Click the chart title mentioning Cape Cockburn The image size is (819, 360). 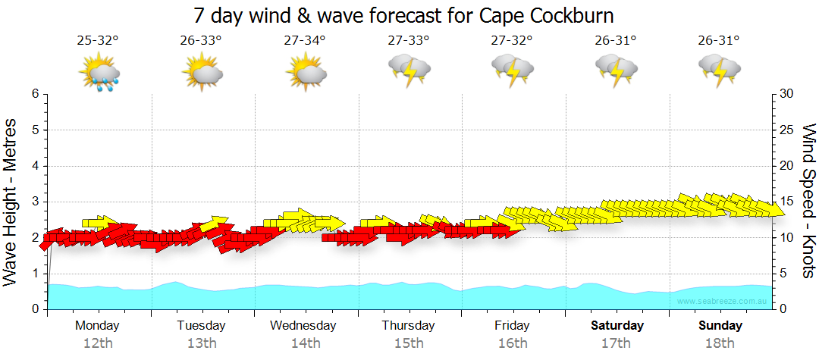click(403, 15)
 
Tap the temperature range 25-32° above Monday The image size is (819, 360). click(97, 41)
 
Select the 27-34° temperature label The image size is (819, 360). click(305, 41)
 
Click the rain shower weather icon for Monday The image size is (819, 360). click(99, 74)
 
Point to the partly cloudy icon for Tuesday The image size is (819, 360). click(202, 74)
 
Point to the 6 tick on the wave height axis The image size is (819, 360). click(35, 94)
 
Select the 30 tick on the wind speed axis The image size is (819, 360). click(787, 94)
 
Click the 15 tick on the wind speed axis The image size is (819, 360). click(787, 202)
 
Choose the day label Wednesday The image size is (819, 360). click(303, 326)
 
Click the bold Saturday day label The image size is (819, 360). click(617, 326)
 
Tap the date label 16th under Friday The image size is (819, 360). click(513, 343)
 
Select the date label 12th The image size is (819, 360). click(97, 343)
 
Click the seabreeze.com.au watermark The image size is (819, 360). click(723, 302)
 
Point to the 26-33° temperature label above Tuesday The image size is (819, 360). click(201, 41)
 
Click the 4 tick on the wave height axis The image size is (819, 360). click(35, 166)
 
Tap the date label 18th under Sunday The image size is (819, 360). click(720, 343)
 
